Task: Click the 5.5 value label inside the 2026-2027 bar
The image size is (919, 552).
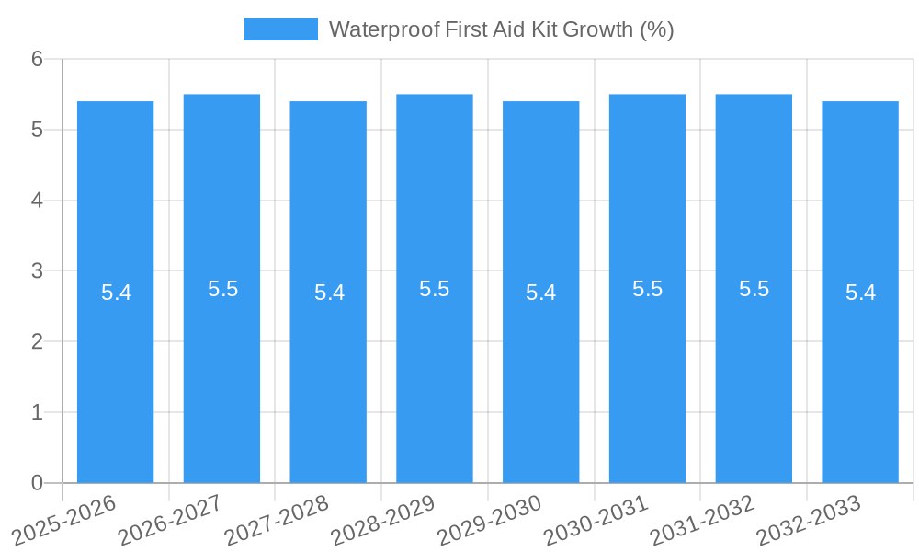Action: tap(222, 289)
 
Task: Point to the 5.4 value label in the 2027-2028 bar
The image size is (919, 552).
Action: tap(329, 293)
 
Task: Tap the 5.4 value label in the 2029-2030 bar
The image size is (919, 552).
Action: tap(540, 293)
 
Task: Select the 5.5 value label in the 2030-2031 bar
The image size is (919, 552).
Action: tap(647, 289)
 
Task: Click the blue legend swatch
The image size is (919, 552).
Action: tap(280, 29)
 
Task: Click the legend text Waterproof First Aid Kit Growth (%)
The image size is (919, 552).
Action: tap(501, 29)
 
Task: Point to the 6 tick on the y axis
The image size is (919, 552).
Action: tap(37, 59)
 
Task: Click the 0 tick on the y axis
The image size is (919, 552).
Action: tap(37, 483)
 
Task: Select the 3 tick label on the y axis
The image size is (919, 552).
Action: tap(37, 271)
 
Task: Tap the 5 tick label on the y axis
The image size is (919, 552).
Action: tap(37, 130)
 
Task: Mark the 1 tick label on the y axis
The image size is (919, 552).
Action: tap(37, 412)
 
